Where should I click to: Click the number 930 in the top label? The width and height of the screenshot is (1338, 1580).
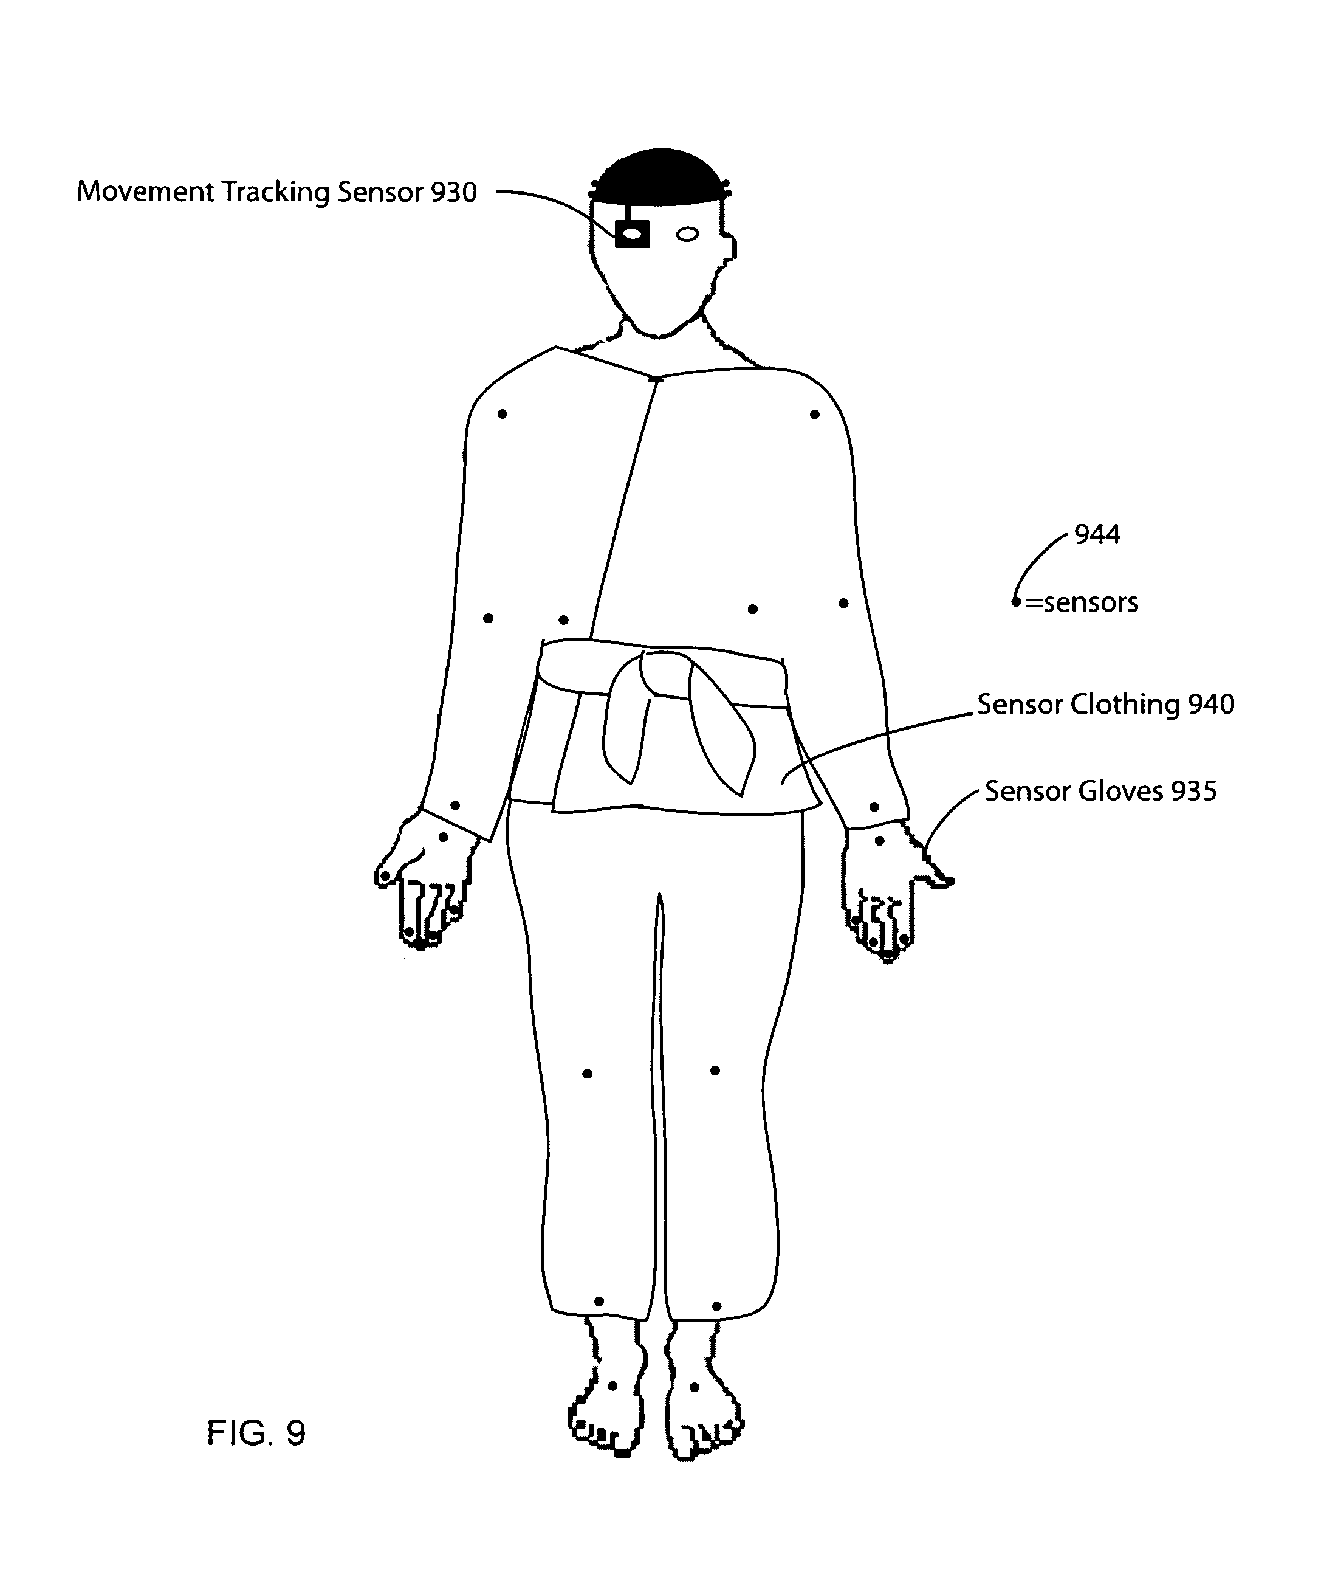point(453,192)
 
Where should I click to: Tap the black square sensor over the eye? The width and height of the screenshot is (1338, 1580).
point(632,233)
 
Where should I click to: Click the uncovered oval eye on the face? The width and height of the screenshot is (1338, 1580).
point(687,235)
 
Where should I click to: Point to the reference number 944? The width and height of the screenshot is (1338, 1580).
point(1097,535)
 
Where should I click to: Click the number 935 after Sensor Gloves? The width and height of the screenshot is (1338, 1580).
point(1194,791)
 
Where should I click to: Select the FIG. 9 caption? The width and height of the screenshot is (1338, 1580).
point(256,1433)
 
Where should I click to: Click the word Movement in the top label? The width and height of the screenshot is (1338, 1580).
point(146,192)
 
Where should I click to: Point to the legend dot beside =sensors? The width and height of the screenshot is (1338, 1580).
point(1015,602)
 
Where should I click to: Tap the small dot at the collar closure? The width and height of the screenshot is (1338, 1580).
point(657,379)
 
